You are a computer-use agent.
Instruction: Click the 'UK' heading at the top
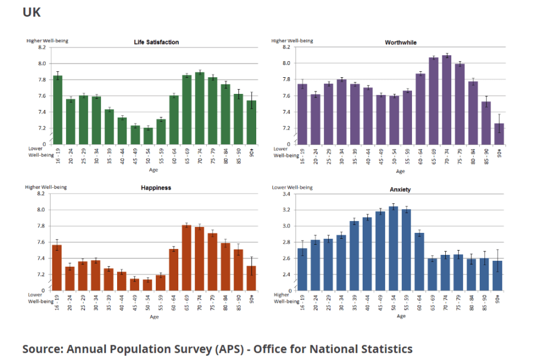coord(32,12)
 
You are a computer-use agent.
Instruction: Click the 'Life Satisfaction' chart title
coord(156,42)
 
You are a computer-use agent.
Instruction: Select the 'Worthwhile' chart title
coord(401,42)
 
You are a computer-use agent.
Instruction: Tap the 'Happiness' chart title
coord(156,188)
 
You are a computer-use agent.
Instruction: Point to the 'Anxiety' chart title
coord(401,190)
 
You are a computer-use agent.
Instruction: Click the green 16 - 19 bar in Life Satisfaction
coord(58,110)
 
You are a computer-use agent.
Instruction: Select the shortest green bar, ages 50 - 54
coord(148,135)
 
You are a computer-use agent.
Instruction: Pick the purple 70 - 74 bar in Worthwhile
coord(447,100)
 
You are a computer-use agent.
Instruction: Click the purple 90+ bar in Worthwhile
coord(499,134)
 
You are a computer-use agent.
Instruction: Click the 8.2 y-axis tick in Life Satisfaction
coord(42,47)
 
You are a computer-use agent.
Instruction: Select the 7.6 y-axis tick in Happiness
coord(41,242)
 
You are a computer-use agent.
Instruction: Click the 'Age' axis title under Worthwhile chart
coord(401,171)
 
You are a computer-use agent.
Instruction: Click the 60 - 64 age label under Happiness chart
coord(174,303)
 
